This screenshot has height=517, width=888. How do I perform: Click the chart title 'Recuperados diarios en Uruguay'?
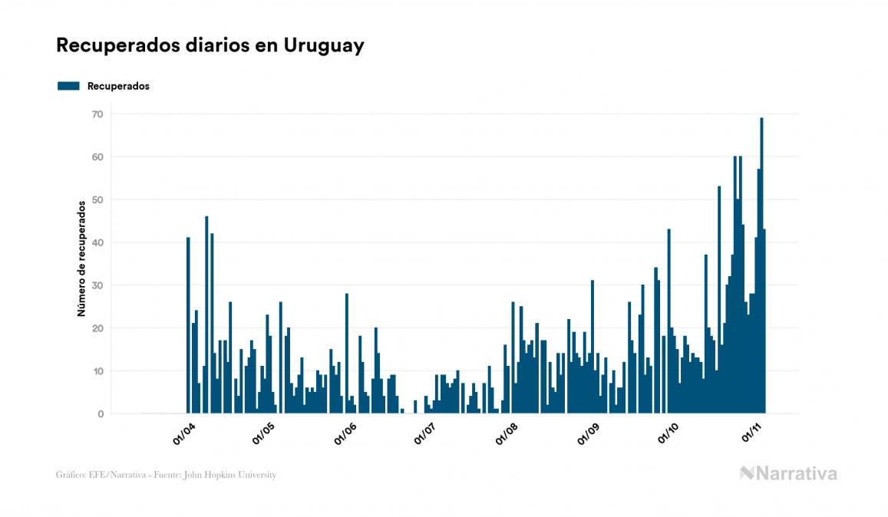[x=210, y=46]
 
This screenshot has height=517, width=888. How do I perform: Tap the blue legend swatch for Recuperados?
[x=68, y=86]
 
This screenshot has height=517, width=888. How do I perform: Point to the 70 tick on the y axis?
[x=97, y=114]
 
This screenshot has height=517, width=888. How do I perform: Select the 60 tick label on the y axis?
[x=97, y=157]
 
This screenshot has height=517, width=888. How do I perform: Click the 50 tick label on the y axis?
[x=97, y=200]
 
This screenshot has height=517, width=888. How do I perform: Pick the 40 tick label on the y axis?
[x=97, y=243]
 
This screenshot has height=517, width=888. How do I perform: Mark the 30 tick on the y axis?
[x=97, y=285]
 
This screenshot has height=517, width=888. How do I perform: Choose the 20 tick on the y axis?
[x=97, y=328]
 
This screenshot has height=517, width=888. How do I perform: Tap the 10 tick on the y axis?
[x=97, y=371]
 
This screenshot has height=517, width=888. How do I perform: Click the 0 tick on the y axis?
[x=100, y=414]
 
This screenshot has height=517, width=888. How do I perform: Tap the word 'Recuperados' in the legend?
[x=118, y=86]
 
